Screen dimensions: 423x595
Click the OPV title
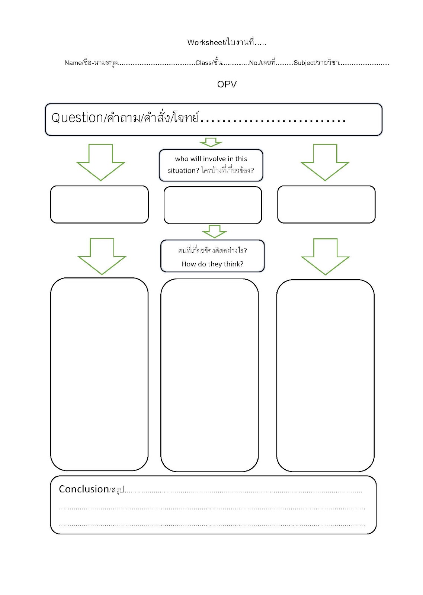click(227, 84)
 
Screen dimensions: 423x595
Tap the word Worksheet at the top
click(206, 42)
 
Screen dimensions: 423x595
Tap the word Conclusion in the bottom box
click(84, 489)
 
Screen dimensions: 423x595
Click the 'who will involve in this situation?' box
click(211, 165)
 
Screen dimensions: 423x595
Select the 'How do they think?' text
click(212, 264)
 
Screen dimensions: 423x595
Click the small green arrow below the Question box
click(211, 142)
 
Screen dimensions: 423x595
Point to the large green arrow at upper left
click(101, 162)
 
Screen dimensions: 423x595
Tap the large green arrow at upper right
click(325, 162)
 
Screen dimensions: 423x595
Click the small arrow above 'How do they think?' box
click(214, 232)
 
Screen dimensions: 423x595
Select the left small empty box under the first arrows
click(99, 204)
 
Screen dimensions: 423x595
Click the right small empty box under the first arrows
click(326, 204)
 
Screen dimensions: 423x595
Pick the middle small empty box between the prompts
click(212, 205)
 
